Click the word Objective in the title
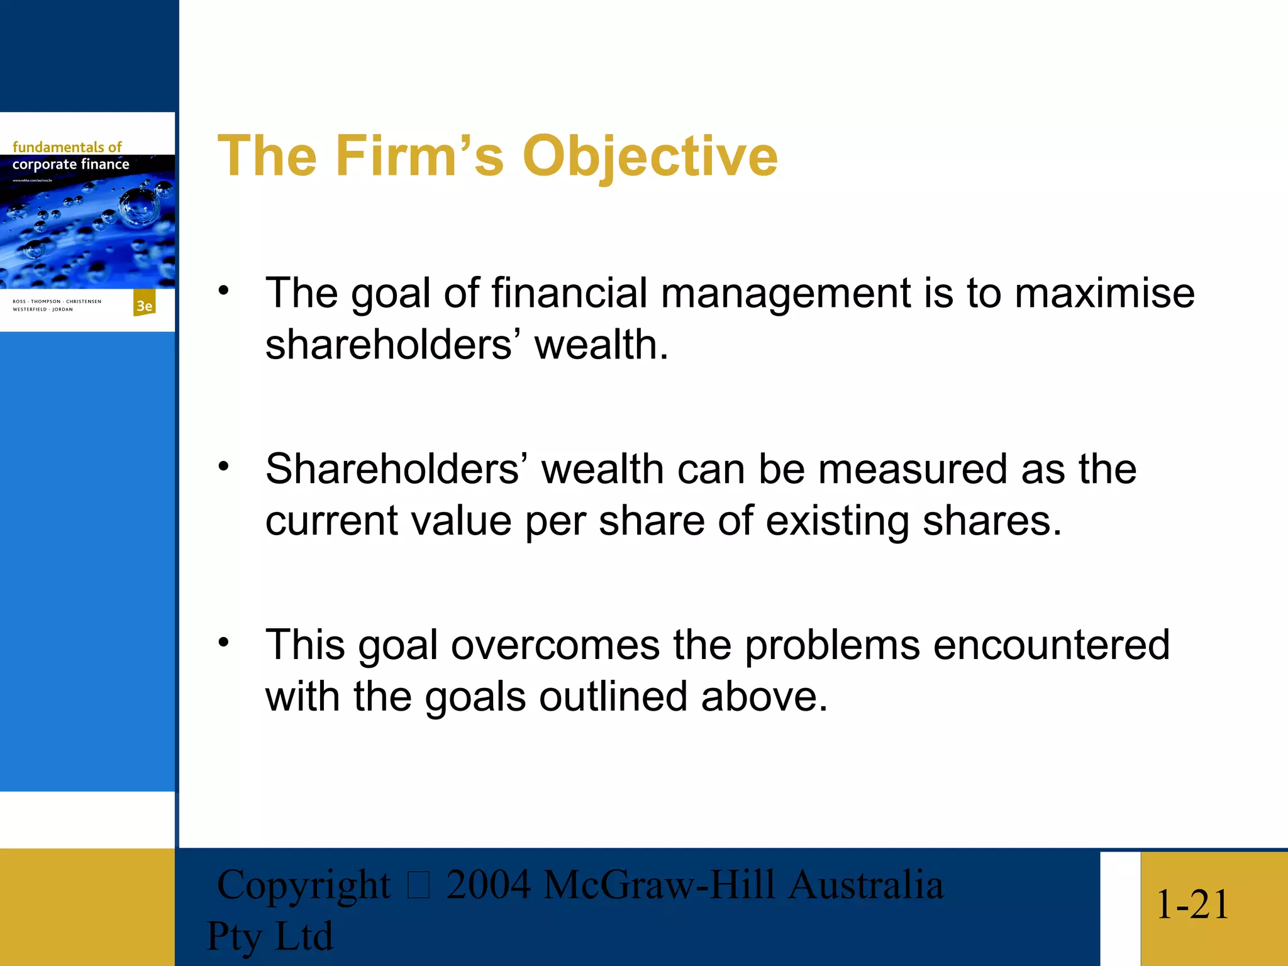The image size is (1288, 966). [650, 157]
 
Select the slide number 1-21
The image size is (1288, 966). [1192, 904]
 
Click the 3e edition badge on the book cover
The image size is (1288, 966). [145, 305]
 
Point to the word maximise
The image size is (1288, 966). [1104, 293]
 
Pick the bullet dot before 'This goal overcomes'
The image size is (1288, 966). [224, 642]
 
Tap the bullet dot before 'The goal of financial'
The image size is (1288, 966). [224, 291]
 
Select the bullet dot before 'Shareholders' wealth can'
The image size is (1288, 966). [224, 466]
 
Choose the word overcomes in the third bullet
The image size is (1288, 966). [555, 645]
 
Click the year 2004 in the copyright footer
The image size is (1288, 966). [488, 885]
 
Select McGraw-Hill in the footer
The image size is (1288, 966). [658, 885]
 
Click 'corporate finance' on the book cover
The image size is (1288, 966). [70, 164]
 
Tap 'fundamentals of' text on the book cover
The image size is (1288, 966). [67, 147]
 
